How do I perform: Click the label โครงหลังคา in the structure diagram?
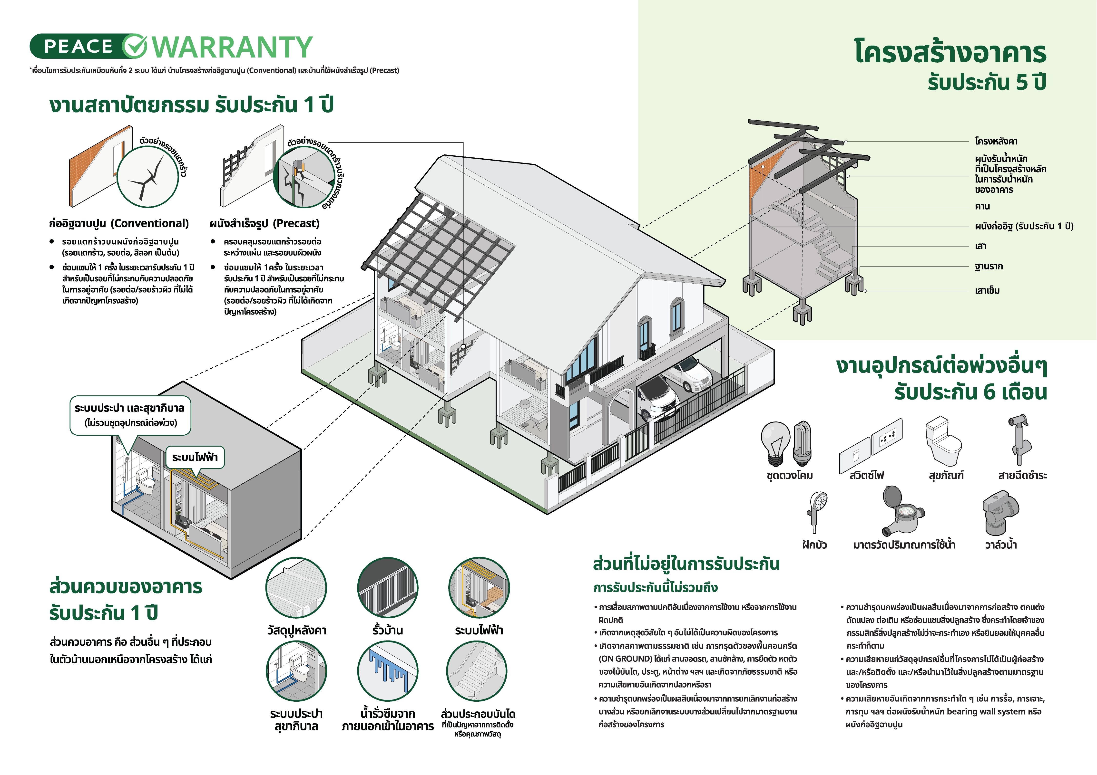click(x=996, y=141)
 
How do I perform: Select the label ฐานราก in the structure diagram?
click(x=989, y=267)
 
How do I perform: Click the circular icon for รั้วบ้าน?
click(x=388, y=588)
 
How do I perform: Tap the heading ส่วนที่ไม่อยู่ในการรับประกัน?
click(x=686, y=564)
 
